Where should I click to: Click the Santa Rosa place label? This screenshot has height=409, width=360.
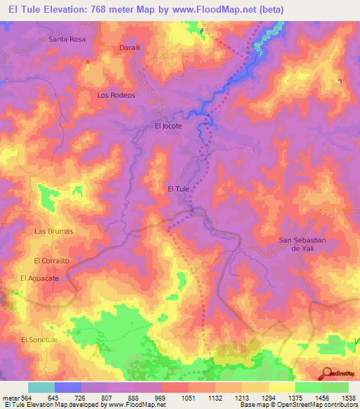(67, 39)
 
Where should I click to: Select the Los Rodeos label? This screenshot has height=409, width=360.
(116, 94)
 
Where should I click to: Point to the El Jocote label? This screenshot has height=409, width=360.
(168, 126)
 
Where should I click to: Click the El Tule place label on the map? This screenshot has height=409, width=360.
(179, 188)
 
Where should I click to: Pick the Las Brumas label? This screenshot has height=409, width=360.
(54, 231)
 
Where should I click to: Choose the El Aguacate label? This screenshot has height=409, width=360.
(40, 279)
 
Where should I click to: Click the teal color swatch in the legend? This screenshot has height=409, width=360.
(41, 387)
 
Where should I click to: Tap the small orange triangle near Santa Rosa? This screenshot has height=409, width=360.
(88, 61)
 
